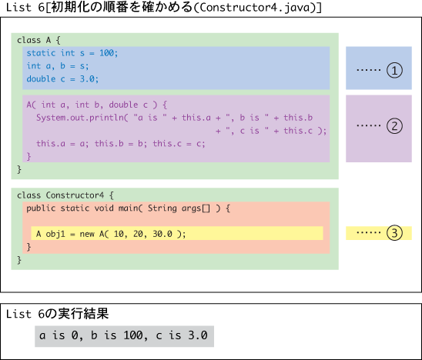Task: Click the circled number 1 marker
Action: [x=394, y=71]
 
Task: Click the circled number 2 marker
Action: [x=394, y=126]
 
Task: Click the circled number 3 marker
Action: [x=394, y=233]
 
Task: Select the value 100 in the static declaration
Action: [x=106, y=53]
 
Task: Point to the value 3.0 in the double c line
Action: [x=87, y=78]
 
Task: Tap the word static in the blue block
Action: [x=41, y=53]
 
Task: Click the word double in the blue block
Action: [x=41, y=78]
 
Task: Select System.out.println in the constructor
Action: [x=80, y=118]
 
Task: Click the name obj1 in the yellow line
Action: [x=55, y=234]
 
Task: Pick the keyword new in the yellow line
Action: [x=87, y=234]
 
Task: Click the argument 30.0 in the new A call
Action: [x=162, y=234]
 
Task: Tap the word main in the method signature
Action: [x=129, y=208]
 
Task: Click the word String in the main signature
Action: [x=162, y=208]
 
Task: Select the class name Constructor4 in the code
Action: [x=75, y=195]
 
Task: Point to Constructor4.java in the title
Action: [x=255, y=7]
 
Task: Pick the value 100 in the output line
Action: [x=133, y=335]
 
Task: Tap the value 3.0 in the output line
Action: [x=198, y=335]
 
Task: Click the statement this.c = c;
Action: [x=179, y=144]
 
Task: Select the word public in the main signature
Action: [x=41, y=208]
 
